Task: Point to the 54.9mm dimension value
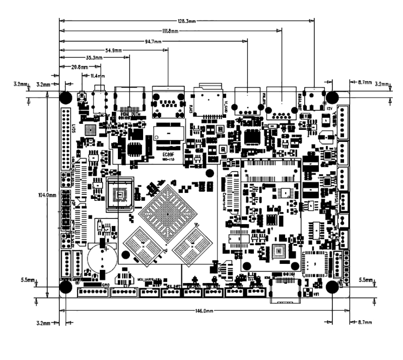[x=114, y=50]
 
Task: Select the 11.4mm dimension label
[x=97, y=76]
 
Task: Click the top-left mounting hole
[x=65, y=97]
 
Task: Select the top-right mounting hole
[x=331, y=97]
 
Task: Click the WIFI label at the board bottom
[x=316, y=294]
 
